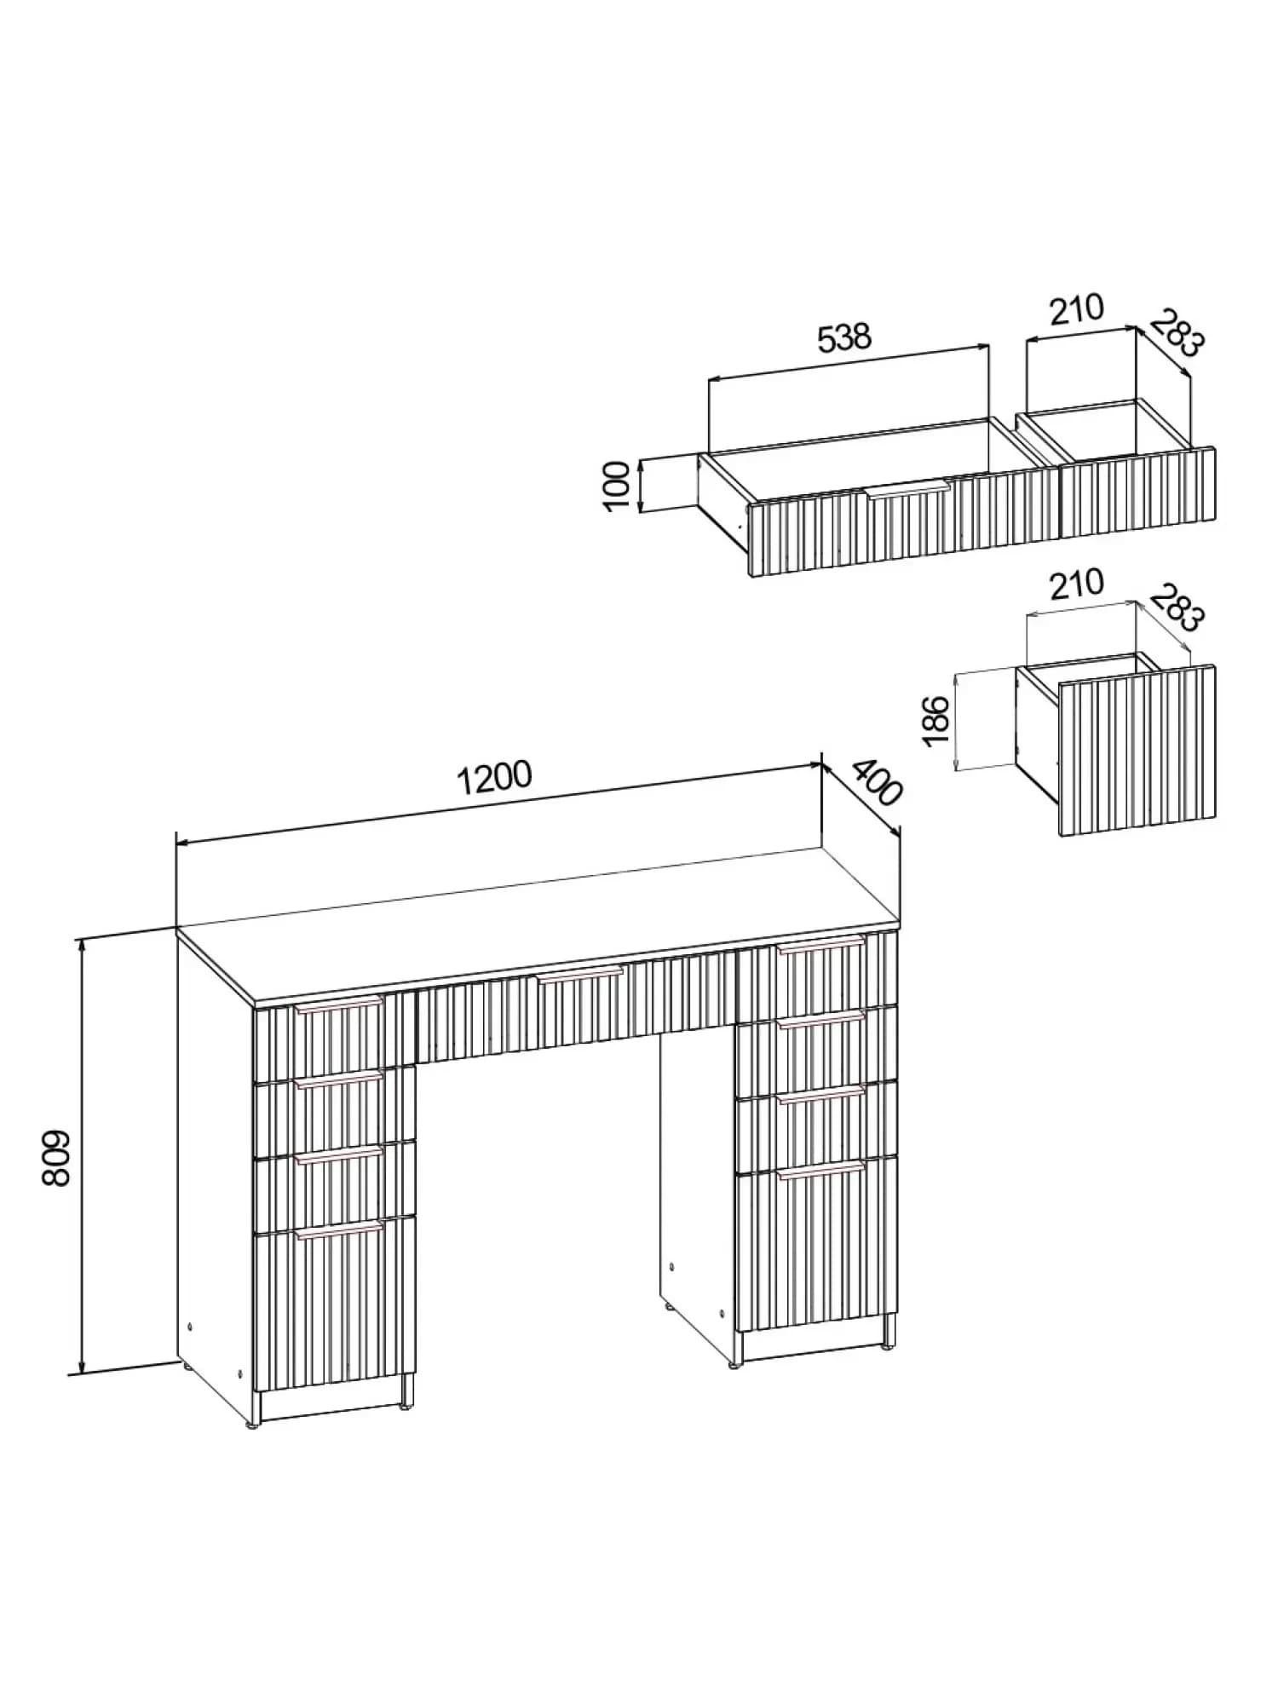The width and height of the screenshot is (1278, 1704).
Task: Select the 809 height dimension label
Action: click(x=56, y=1159)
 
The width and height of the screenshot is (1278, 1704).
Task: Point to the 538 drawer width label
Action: click(x=844, y=337)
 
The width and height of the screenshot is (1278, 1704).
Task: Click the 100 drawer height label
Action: click(x=616, y=486)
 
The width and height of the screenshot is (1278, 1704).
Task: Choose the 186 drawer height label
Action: click(x=936, y=720)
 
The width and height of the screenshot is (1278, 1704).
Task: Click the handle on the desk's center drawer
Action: click(x=580, y=975)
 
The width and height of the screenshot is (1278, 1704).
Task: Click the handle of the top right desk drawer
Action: click(x=820, y=945)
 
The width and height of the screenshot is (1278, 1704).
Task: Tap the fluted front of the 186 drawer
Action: click(x=1137, y=750)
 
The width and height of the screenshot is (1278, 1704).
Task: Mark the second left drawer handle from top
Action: click(x=339, y=1080)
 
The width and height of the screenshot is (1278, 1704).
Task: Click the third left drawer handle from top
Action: click(x=339, y=1154)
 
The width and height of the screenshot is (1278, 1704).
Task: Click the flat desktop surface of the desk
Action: click(x=537, y=924)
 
